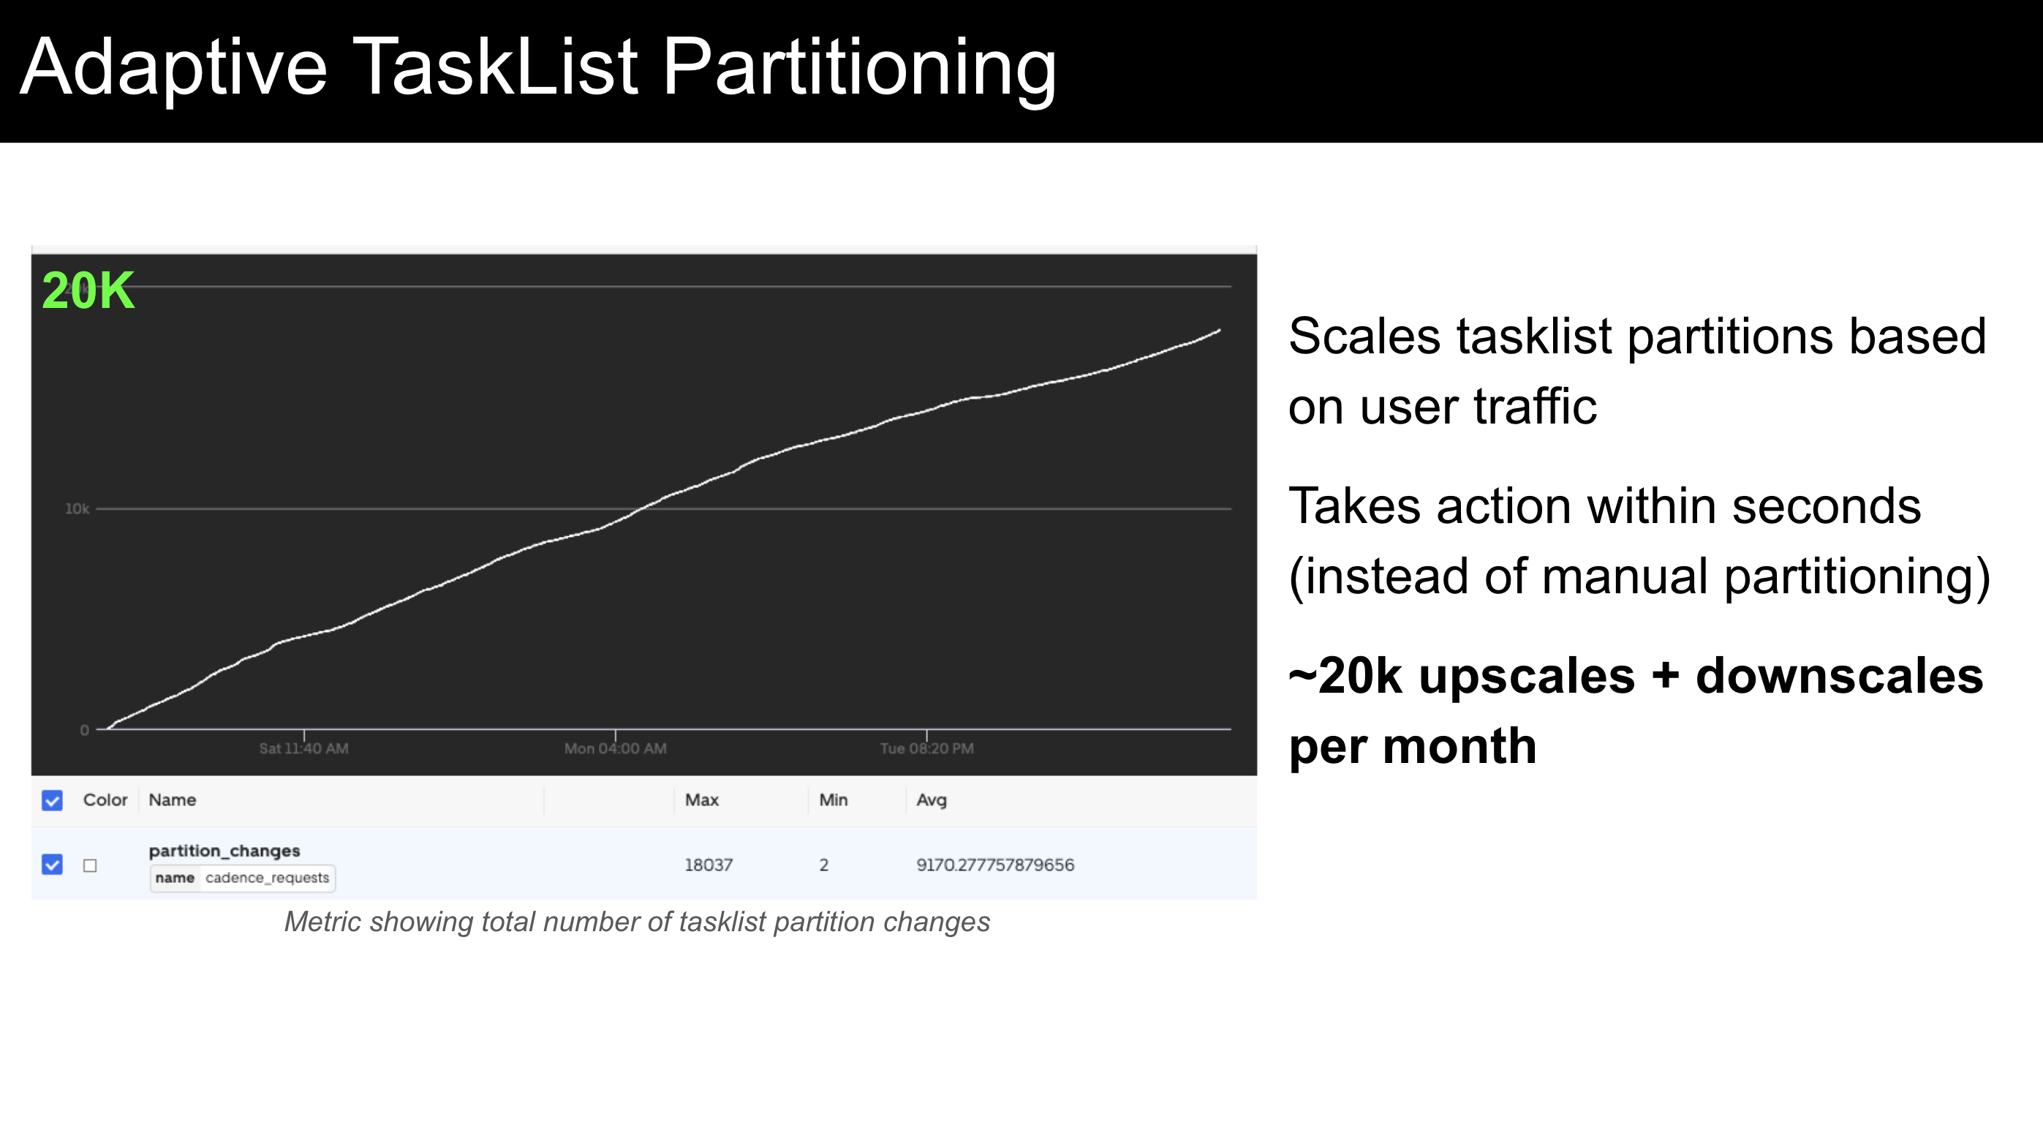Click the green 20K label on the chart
click(x=88, y=290)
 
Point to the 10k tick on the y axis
click(x=77, y=508)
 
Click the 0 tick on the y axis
click(x=84, y=730)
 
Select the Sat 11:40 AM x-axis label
click(x=303, y=748)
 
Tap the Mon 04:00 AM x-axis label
click(x=615, y=748)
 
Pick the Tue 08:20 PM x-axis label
click(x=926, y=748)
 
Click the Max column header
click(x=701, y=800)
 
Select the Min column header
click(x=833, y=800)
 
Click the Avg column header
click(x=931, y=800)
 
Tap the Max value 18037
click(x=709, y=865)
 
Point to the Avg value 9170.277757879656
click(x=994, y=865)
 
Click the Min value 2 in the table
click(x=824, y=865)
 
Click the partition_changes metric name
click(x=224, y=850)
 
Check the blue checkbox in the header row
click(x=53, y=800)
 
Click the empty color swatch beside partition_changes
click(x=90, y=865)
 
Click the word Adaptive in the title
click(x=173, y=69)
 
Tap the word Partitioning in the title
click(x=859, y=69)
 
